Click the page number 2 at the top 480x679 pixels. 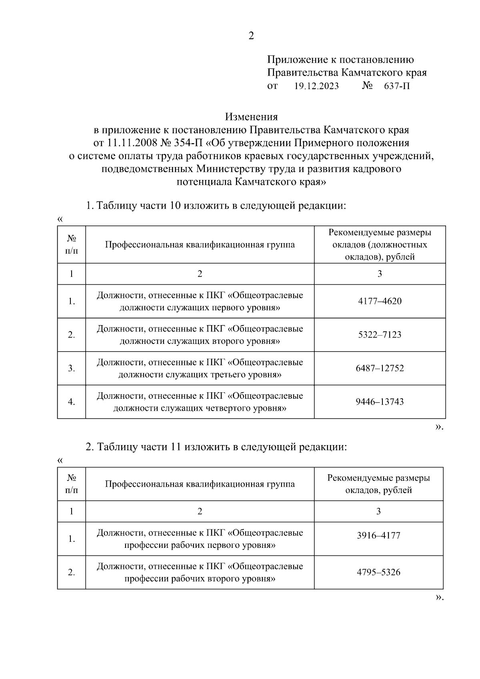pos(251,36)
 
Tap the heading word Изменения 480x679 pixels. pos(251,117)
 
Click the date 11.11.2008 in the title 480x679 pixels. pos(130,143)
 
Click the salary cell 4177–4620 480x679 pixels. pos(380,301)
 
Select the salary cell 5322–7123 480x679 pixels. pos(380,335)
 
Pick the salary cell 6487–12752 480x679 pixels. pos(380,368)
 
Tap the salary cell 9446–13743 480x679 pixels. pos(380,402)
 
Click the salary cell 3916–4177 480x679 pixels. pos(378,535)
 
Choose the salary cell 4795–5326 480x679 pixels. pos(378,572)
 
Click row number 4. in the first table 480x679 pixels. pos(71,402)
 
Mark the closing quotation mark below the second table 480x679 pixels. pos(438,597)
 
